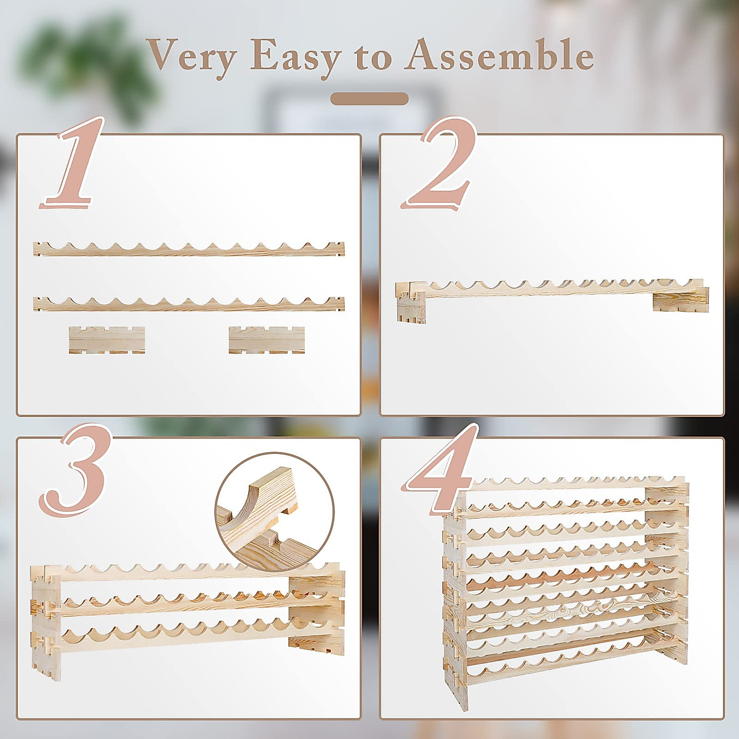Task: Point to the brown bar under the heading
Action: [x=369, y=99]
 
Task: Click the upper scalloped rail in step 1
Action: [x=188, y=249]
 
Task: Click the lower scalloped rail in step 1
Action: [x=188, y=303]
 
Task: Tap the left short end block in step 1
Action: [x=107, y=340]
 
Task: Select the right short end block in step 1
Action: [x=267, y=340]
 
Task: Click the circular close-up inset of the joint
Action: [x=275, y=510]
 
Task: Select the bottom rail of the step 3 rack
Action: [x=185, y=640]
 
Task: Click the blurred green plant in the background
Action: [x=86, y=62]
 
